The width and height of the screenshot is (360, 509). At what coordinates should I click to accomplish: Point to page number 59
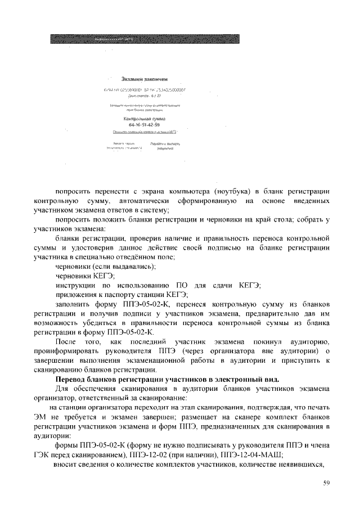click(x=327, y=483)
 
